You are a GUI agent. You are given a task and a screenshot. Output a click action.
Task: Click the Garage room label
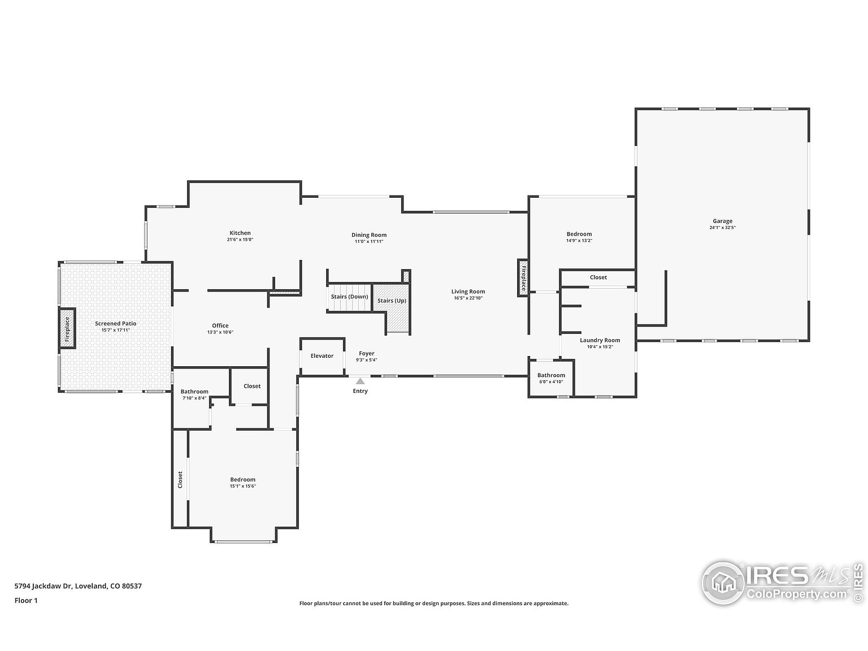[722, 221]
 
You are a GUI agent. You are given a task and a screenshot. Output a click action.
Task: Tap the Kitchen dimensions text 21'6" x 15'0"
[240, 240]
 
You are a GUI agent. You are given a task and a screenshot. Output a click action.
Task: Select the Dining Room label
[369, 235]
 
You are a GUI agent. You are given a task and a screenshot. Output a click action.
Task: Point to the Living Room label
[468, 292]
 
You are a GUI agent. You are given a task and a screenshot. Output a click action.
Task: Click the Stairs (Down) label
[349, 297]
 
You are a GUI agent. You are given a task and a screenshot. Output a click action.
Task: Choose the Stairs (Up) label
[392, 301]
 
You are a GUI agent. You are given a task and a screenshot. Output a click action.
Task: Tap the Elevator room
[322, 356]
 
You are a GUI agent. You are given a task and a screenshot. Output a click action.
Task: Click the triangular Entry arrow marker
[360, 381]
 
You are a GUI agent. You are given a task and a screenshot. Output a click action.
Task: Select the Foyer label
[367, 354]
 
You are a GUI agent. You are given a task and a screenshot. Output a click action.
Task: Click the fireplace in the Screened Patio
[67, 329]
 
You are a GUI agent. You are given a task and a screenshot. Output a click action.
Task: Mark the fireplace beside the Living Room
[523, 277]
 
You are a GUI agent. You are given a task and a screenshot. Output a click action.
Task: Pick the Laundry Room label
[600, 340]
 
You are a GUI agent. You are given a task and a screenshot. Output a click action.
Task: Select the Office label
[220, 325]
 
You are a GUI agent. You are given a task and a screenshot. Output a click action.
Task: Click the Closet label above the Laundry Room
[598, 277]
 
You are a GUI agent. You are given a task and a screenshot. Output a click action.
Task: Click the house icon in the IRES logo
[723, 583]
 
